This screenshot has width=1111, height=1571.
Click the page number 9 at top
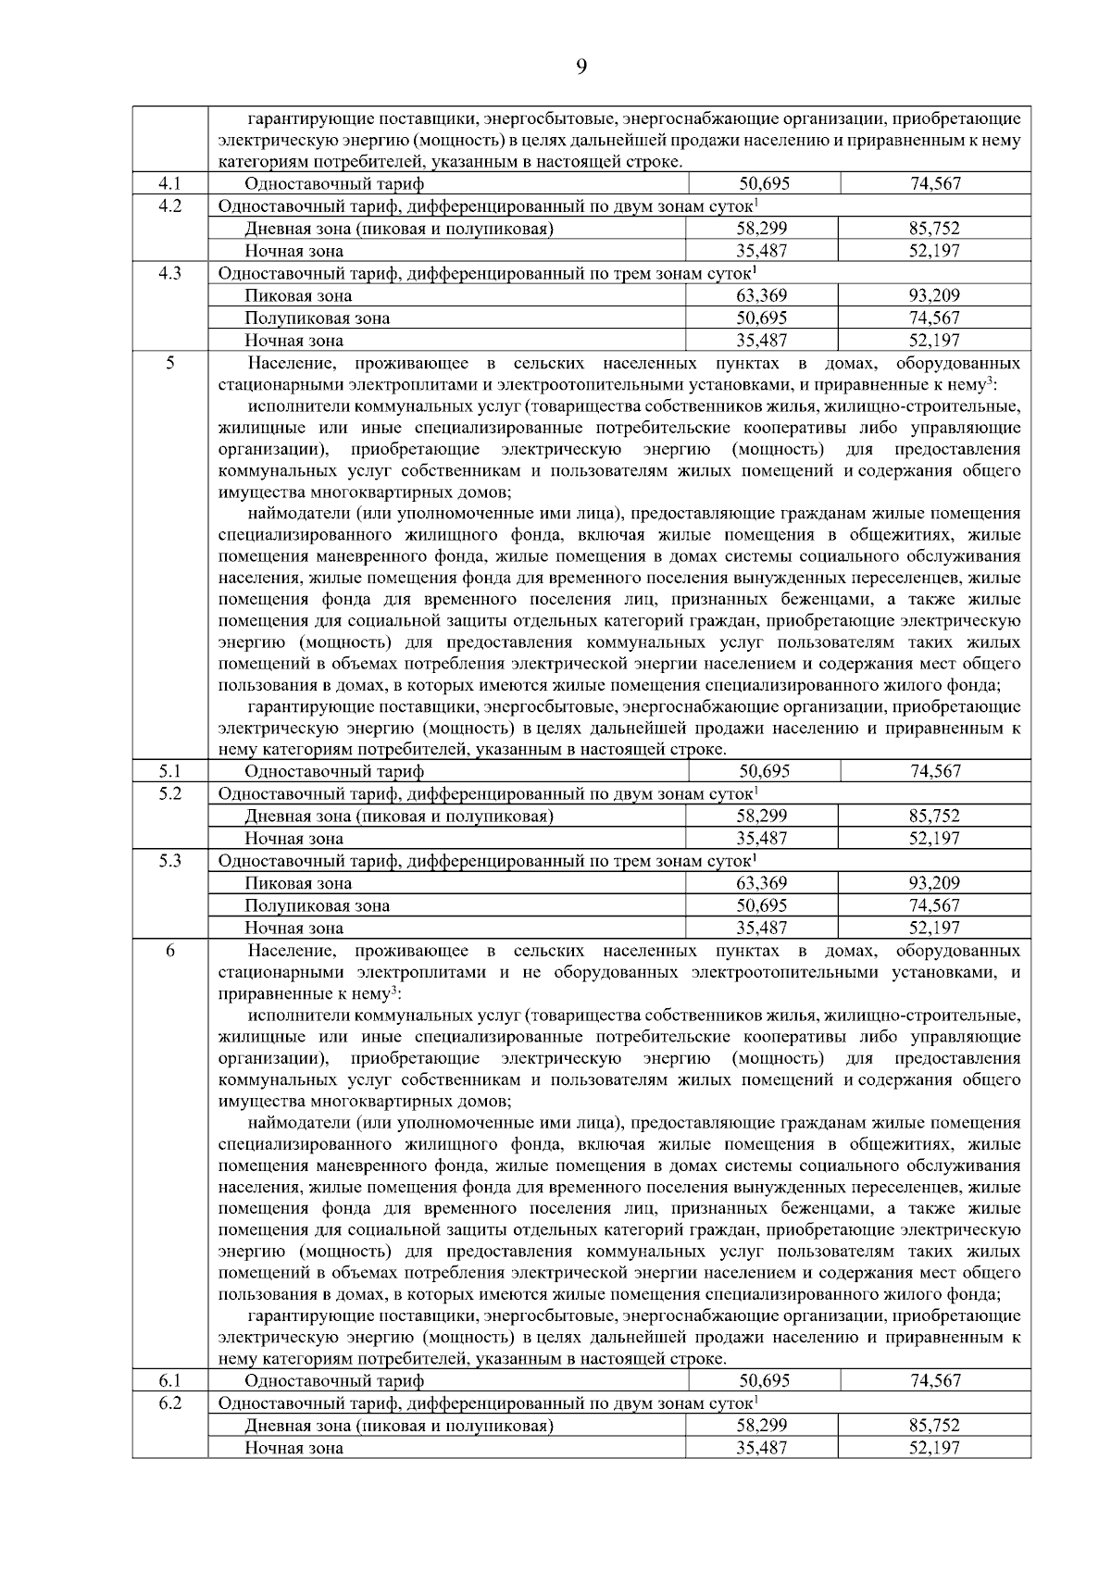point(581,66)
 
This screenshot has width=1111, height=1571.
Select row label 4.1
point(169,183)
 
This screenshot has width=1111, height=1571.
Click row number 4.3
point(169,273)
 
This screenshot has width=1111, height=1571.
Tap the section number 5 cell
point(169,363)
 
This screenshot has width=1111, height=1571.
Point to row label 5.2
point(169,793)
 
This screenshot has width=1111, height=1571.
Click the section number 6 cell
point(169,951)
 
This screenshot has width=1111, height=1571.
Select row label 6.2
point(169,1403)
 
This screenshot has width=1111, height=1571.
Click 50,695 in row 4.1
point(764,183)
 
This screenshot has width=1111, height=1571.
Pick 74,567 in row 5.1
point(935,771)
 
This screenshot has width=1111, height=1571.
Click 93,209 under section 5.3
point(934,883)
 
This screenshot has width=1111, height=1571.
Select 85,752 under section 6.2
point(934,1426)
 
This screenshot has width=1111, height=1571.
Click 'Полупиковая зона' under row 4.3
point(317,318)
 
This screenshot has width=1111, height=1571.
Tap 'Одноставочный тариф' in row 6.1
point(334,1381)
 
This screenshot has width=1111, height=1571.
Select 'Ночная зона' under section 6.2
point(293,1448)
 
